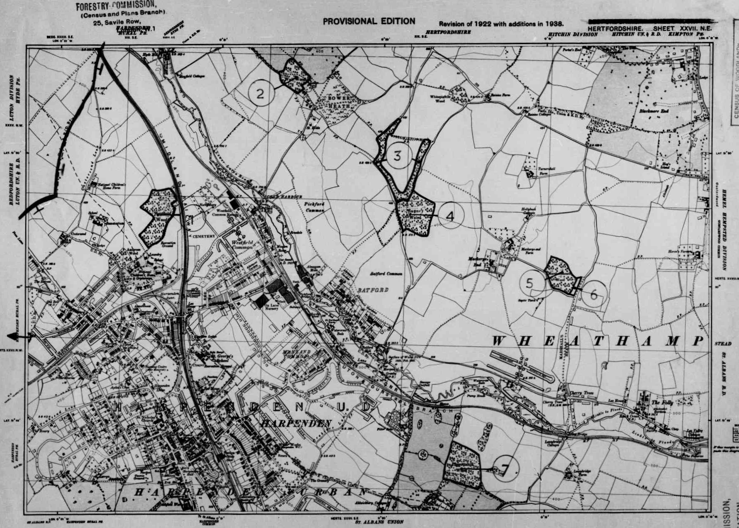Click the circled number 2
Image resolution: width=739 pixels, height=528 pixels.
pyautogui.click(x=260, y=93)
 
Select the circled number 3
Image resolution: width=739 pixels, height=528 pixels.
pyautogui.click(x=398, y=156)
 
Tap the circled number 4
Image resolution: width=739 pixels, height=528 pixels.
pyautogui.click(x=450, y=216)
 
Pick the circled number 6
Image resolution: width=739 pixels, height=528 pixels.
pyautogui.click(x=594, y=295)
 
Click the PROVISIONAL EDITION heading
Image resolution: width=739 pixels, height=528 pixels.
pyautogui.click(x=369, y=21)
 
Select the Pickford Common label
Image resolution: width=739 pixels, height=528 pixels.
pyautogui.click(x=314, y=207)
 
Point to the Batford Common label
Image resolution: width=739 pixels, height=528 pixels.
pyautogui.click(x=386, y=274)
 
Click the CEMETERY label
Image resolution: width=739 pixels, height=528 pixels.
pyautogui.click(x=204, y=236)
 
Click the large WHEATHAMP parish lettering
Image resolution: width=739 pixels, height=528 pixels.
pyautogui.click(x=598, y=341)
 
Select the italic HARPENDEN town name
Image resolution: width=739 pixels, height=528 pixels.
pyautogui.click(x=296, y=423)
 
